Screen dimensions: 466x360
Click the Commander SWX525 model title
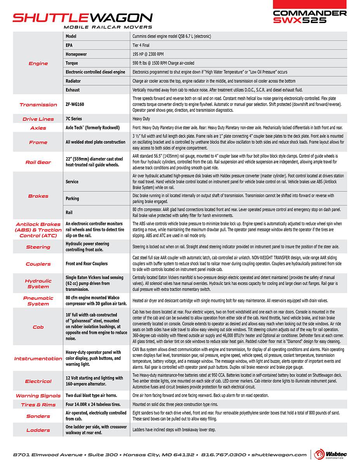[x=310, y=17]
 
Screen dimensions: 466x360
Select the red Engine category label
[x=38, y=63]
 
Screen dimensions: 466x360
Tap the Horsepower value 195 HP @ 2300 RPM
[x=153, y=54]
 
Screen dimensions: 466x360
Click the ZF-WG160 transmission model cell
[x=75, y=104]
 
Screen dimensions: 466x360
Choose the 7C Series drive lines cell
[x=74, y=119]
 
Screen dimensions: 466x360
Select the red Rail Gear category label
[x=38, y=162]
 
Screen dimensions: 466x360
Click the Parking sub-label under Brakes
[x=72, y=198]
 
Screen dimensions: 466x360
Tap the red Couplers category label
[x=38, y=264]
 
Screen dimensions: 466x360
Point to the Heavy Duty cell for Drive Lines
[x=141, y=119]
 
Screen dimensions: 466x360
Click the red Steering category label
[x=38, y=247]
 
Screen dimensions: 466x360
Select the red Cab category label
[x=38, y=327]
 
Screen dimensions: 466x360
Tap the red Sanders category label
[x=38, y=416]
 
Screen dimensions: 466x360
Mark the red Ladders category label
[x=38, y=430]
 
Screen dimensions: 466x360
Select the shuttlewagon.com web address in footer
[x=279, y=454]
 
